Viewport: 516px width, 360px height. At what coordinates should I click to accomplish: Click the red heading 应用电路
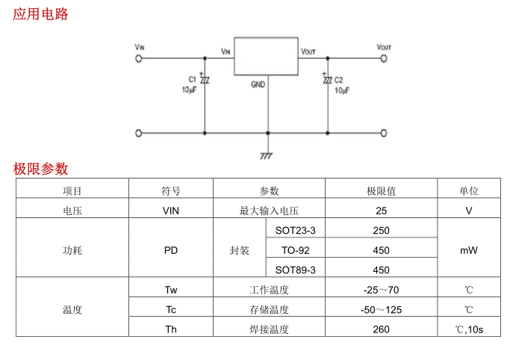pyautogui.click(x=40, y=13)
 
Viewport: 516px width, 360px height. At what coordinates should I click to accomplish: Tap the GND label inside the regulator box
pyautogui.click(x=258, y=84)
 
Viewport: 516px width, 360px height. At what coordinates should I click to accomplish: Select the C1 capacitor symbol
pyautogui.click(x=205, y=79)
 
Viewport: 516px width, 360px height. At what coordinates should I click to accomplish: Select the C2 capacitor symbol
pyautogui.click(x=327, y=79)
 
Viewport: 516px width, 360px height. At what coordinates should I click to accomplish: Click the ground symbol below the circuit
pyautogui.click(x=267, y=155)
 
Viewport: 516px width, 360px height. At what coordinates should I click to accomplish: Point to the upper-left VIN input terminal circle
pyautogui.click(x=139, y=58)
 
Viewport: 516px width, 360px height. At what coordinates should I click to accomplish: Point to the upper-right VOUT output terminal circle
pyautogui.click(x=384, y=58)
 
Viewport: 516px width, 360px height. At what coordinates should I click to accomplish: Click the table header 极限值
pyautogui.click(x=381, y=190)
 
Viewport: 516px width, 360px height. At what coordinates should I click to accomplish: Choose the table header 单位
pyautogui.click(x=468, y=190)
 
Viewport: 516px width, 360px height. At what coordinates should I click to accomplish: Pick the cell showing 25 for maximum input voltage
pyautogui.click(x=381, y=211)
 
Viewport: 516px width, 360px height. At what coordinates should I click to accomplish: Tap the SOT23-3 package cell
pyautogui.click(x=296, y=230)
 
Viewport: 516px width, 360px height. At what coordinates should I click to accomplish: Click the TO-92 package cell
pyautogui.click(x=296, y=250)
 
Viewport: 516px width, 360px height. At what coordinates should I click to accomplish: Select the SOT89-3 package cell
pyautogui.click(x=296, y=270)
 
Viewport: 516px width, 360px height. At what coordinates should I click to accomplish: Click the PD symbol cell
pyautogui.click(x=171, y=250)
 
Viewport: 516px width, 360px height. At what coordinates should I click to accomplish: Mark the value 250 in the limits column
pyautogui.click(x=381, y=230)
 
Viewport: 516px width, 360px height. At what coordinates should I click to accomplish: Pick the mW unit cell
pyautogui.click(x=468, y=250)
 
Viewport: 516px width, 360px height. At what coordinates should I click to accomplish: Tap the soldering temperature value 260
pyautogui.click(x=381, y=329)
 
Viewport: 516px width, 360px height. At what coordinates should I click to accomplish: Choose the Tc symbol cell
pyautogui.click(x=171, y=309)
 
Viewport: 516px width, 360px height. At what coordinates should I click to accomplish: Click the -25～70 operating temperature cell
pyautogui.click(x=381, y=290)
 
